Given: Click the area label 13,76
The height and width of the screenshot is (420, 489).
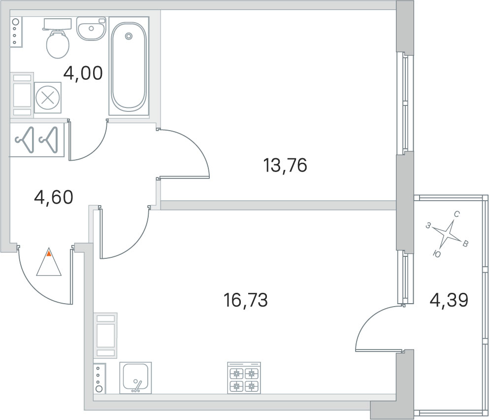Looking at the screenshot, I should (285, 165).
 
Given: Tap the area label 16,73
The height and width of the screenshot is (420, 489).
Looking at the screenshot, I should (245, 299).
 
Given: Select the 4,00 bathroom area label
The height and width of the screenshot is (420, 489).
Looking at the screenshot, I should (83, 73).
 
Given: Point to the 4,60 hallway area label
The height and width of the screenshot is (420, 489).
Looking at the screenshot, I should (53, 197).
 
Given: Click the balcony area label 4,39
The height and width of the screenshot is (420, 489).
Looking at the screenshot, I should (449, 299).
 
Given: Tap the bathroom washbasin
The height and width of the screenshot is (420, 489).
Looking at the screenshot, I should (91, 29).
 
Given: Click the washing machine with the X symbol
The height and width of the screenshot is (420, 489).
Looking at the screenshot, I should (48, 97).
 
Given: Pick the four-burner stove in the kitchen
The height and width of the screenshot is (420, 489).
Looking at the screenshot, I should (244, 378).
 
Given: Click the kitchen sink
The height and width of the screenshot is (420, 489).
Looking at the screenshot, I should (135, 378).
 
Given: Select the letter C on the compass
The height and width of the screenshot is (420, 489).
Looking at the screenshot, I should (456, 214).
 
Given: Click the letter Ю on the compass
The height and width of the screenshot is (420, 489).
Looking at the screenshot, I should (436, 253).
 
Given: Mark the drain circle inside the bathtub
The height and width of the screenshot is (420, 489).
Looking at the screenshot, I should (129, 36).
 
